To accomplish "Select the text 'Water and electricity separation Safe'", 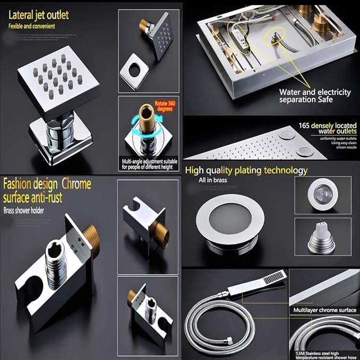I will point(315,95).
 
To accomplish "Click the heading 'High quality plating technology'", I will point(247,170).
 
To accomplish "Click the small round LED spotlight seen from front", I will point(322,192).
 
